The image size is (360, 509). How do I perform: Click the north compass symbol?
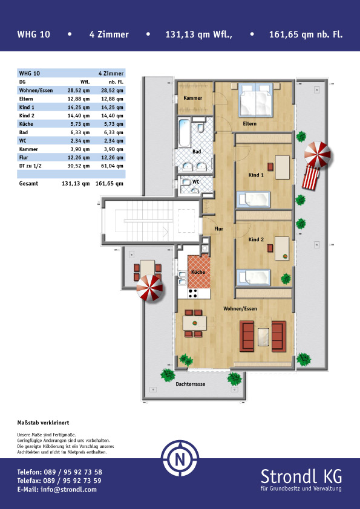click(180, 458)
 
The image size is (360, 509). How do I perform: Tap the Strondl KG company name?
click(301, 476)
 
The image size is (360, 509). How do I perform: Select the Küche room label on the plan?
click(198, 272)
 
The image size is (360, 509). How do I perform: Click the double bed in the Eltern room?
click(256, 100)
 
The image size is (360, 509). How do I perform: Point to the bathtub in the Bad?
click(185, 134)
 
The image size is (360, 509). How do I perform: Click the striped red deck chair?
click(311, 177)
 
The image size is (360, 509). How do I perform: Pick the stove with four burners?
click(193, 293)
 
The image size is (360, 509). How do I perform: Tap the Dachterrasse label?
click(191, 384)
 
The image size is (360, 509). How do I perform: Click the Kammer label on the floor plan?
click(192, 98)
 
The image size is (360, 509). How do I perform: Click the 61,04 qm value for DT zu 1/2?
click(112, 166)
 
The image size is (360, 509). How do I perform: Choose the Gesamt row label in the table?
click(28, 183)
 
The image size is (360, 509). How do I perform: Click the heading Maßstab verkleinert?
click(43, 423)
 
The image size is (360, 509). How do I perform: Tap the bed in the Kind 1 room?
click(253, 199)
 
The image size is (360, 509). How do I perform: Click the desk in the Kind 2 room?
click(282, 248)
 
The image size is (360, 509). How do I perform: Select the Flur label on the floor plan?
click(218, 229)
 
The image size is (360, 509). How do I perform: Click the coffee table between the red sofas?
click(263, 337)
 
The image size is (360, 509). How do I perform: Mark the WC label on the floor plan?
click(195, 182)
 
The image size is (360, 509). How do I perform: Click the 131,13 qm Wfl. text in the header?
click(199, 34)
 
